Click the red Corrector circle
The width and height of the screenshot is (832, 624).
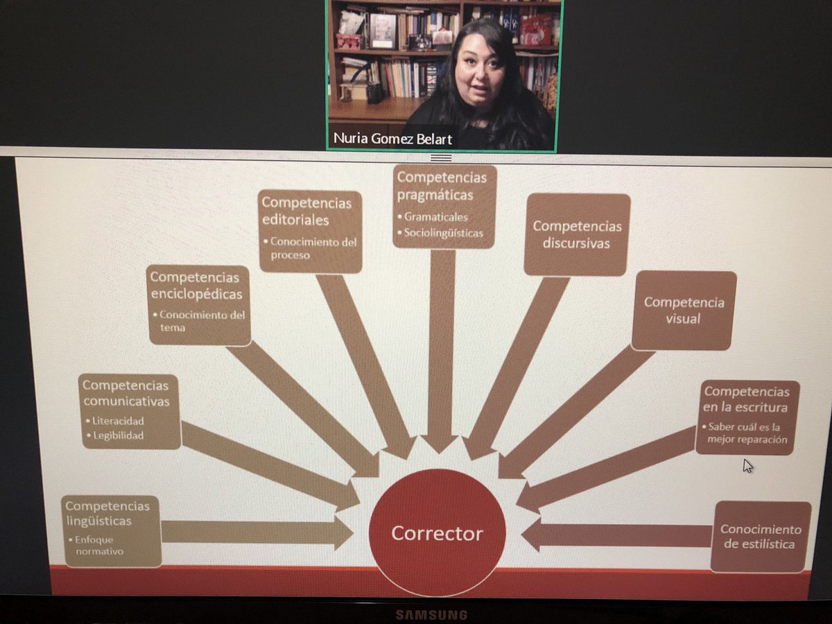pyautogui.click(x=437, y=532)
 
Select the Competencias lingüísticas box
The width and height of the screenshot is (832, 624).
pyautogui.click(x=111, y=530)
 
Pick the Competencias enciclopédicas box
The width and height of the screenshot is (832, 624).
pyautogui.click(x=199, y=304)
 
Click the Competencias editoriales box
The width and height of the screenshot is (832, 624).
pyautogui.click(x=311, y=231)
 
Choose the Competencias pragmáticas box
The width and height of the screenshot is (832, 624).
pyautogui.click(x=444, y=206)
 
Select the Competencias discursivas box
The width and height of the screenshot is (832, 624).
pyautogui.click(x=577, y=234)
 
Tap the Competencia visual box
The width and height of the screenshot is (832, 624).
pyautogui.click(x=683, y=310)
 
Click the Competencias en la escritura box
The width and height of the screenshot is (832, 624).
pyautogui.click(x=747, y=417)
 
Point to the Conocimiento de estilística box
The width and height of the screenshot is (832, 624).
pyautogui.click(x=761, y=536)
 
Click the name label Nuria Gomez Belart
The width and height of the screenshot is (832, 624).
pyautogui.click(x=392, y=139)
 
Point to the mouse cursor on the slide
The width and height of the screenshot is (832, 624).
pyautogui.click(x=747, y=465)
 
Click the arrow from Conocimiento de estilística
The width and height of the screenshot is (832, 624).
pyautogui.click(x=617, y=535)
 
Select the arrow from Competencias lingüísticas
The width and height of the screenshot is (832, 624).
pyautogui.click(x=257, y=532)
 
